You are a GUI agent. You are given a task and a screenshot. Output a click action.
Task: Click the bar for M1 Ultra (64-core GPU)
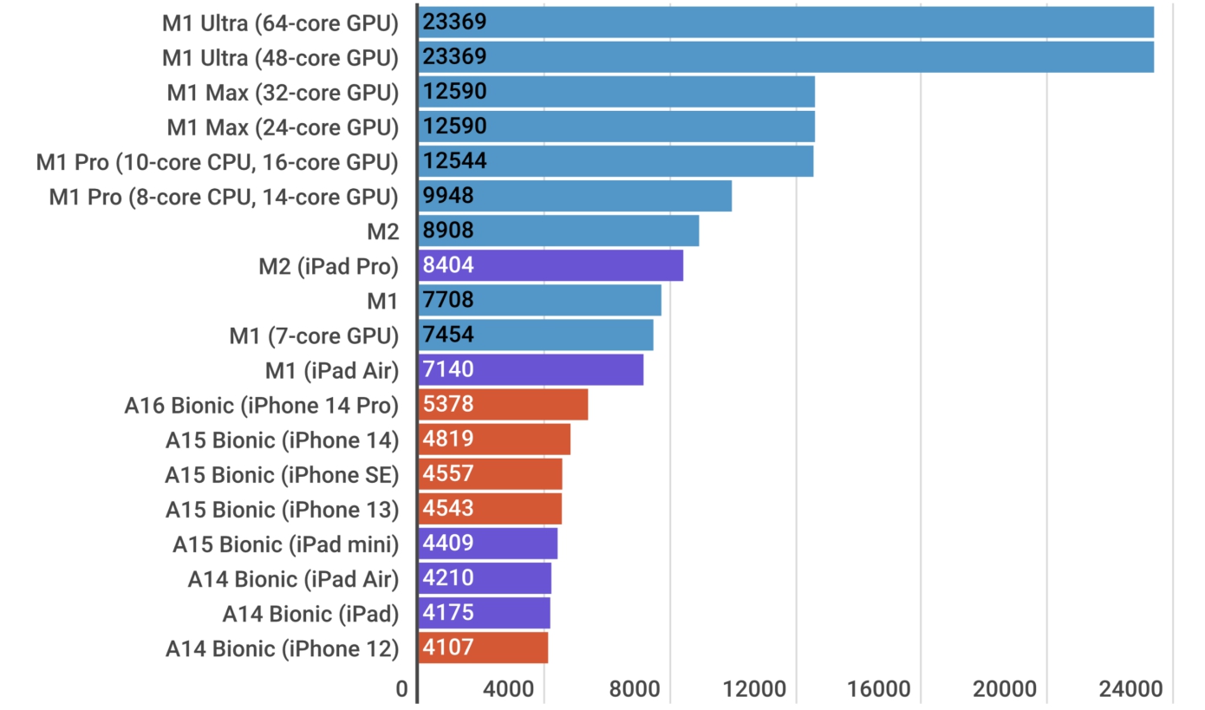tap(785, 23)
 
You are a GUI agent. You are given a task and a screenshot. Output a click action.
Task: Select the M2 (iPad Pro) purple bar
tap(551, 265)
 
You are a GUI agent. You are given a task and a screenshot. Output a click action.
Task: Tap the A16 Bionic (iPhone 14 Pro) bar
tap(504, 405)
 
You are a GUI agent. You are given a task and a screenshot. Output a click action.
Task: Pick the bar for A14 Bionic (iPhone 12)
tap(484, 648)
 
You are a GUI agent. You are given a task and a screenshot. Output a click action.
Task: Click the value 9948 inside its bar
tap(449, 196)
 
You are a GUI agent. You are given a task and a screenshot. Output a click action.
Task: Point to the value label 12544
tap(455, 161)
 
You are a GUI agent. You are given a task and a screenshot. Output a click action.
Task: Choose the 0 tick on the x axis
tap(402, 690)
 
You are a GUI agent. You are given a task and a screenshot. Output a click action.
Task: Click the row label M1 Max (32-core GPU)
tap(283, 92)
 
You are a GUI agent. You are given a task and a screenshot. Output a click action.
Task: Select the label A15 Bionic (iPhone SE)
tap(282, 474)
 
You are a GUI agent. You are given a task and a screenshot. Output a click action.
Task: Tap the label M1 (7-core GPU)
tap(314, 335)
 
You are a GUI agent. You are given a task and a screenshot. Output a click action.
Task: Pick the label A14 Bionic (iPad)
tap(310, 614)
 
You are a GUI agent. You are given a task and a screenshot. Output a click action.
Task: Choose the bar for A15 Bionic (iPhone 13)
tap(491, 509)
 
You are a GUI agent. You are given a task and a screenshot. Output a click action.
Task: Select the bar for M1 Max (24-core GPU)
tap(616, 127)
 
